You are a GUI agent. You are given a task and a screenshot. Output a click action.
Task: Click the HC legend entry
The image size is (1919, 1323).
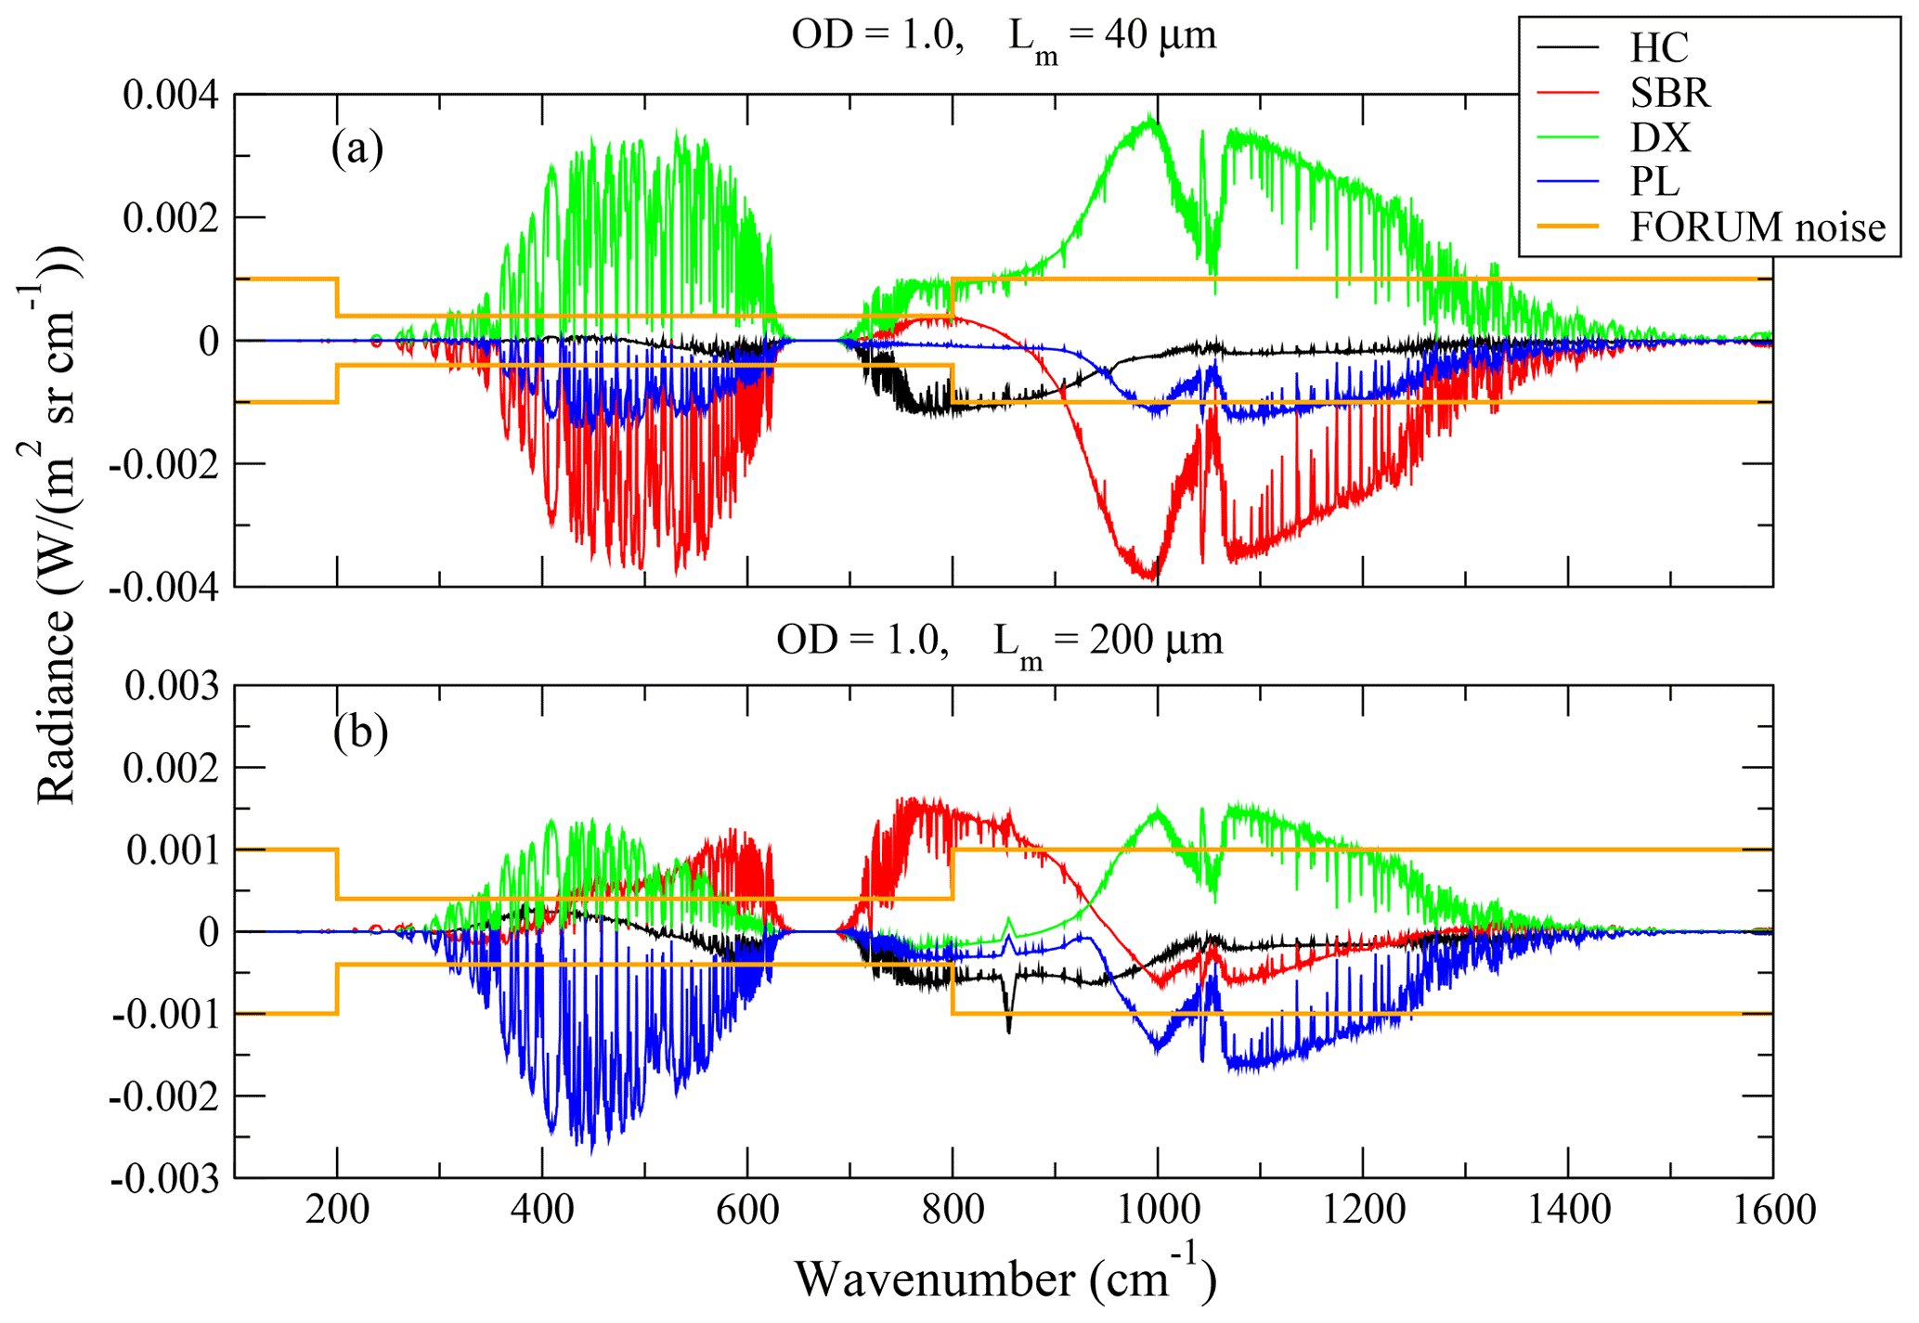tap(1658, 47)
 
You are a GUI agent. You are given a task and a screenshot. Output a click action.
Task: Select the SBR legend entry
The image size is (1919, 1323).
tap(1669, 92)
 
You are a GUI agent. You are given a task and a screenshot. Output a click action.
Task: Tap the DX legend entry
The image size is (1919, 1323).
tap(1660, 137)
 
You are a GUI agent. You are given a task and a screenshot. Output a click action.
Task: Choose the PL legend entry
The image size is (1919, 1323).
tap(1654, 182)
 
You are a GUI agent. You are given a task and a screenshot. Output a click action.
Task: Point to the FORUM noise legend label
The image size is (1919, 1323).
tap(1757, 227)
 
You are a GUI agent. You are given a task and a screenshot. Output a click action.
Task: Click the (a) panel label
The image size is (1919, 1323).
tap(357, 149)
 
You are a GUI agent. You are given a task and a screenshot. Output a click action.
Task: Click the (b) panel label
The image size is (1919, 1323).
tap(359, 733)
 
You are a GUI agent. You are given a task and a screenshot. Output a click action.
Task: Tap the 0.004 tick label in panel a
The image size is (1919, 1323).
tap(171, 95)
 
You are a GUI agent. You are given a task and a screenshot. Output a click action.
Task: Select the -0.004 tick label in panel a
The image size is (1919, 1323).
tap(164, 588)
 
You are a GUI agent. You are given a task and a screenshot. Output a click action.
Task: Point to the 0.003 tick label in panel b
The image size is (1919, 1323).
tap(172, 687)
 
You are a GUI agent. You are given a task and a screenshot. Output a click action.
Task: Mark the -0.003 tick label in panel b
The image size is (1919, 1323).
tap(165, 1178)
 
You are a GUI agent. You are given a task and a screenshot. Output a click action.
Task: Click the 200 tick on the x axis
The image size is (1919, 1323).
tap(337, 1210)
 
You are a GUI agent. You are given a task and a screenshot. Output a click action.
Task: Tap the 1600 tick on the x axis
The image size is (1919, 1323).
tap(1771, 1210)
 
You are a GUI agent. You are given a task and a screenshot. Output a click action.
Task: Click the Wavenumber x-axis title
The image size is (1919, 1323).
tap(1005, 1279)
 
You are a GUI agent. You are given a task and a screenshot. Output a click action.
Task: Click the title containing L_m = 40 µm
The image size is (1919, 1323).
tap(1003, 37)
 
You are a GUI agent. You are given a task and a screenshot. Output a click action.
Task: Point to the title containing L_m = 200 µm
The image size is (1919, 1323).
tap(1000, 641)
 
